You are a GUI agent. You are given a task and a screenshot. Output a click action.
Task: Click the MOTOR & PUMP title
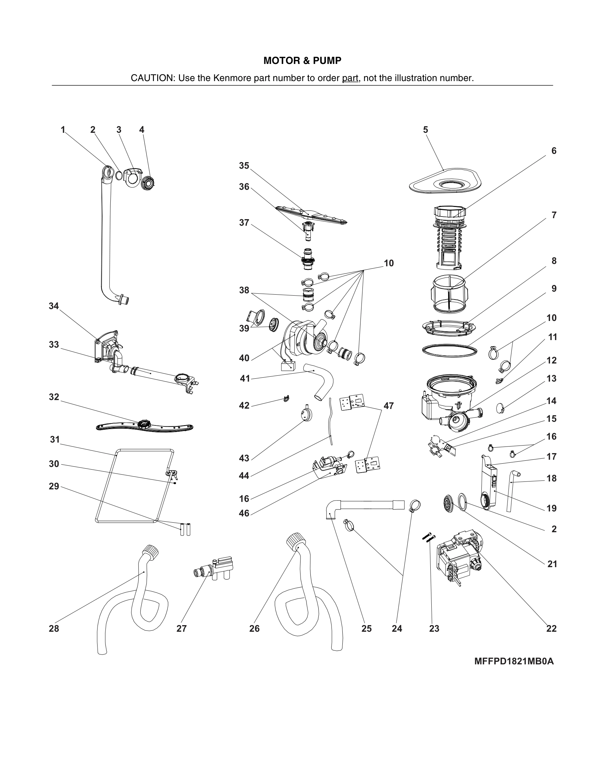[x=302, y=61]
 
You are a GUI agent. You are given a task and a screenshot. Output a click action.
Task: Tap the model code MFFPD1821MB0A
[x=514, y=661]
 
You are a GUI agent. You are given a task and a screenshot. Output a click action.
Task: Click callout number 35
[x=244, y=166]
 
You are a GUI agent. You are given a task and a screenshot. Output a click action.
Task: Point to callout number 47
[x=389, y=406]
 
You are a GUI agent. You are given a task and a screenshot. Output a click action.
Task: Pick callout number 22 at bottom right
[x=551, y=628]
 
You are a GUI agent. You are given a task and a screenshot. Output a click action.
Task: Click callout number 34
[x=54, y=306]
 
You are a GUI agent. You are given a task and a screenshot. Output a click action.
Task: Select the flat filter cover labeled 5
[x=445, y=185]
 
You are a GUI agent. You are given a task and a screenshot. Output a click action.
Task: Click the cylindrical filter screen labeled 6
[x=449, y=237]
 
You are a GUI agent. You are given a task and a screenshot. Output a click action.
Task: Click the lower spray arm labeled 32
[x=144, y=427]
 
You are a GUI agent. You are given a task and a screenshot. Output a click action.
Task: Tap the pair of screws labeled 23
[x=429, y=538]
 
